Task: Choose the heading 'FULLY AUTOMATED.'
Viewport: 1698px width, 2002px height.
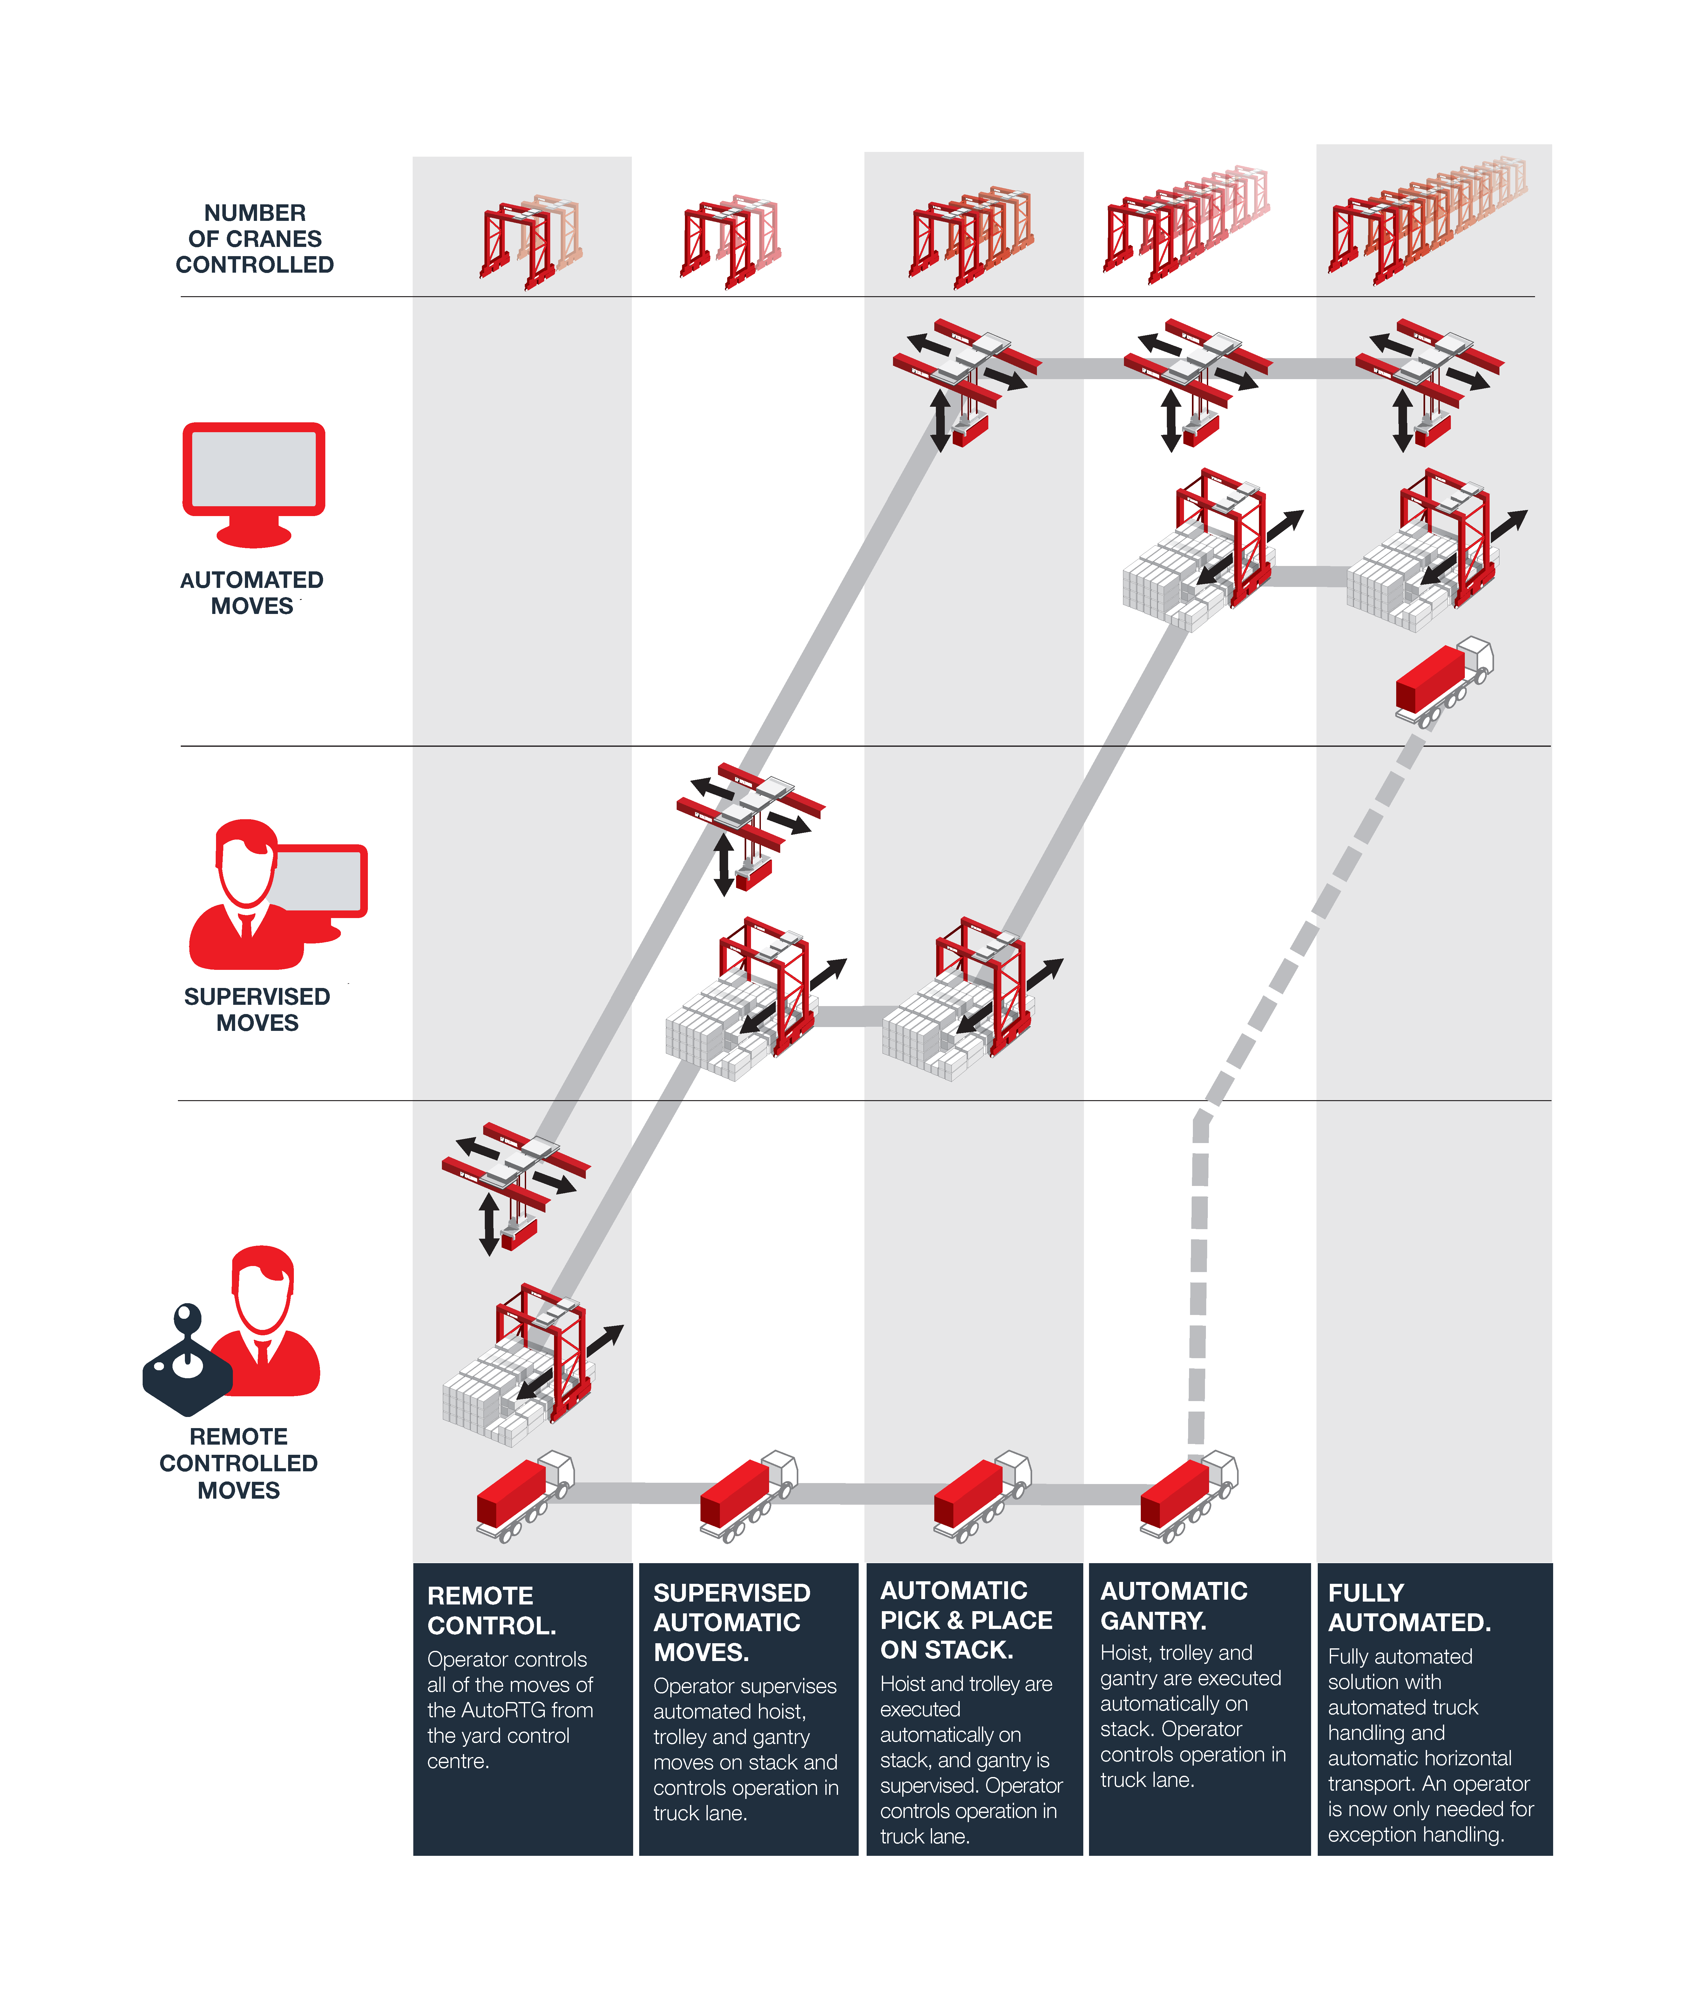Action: (x=1409, y=1607)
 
